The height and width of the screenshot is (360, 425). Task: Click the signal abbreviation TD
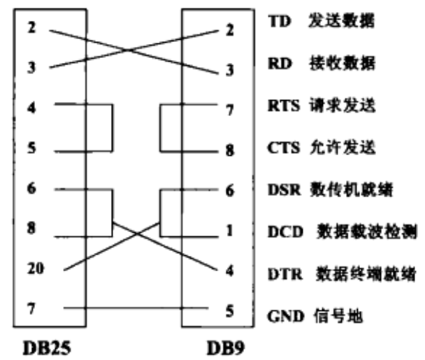[277, 22]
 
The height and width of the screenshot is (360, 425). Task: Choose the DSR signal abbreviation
[282, 190]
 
